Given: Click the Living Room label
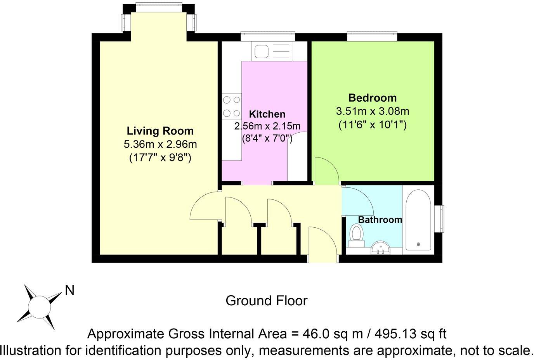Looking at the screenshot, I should click(160, 131).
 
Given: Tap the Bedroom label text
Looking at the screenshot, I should click(372, 98).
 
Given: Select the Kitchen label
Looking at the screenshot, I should click(267, 114).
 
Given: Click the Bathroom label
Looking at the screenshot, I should click(380, 220).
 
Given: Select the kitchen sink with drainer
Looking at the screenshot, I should click(271, 51).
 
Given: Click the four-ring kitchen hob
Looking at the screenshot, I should click(231, 106).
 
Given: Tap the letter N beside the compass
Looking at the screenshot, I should click(69, 290).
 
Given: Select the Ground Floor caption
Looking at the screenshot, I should click(267, 301).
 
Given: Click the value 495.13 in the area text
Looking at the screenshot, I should click(404, 334).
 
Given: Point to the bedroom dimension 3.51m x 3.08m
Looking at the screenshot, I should click(372, 112).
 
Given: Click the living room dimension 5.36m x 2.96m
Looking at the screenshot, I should click(160, 145).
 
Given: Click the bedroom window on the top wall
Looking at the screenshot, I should click(372, 36).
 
